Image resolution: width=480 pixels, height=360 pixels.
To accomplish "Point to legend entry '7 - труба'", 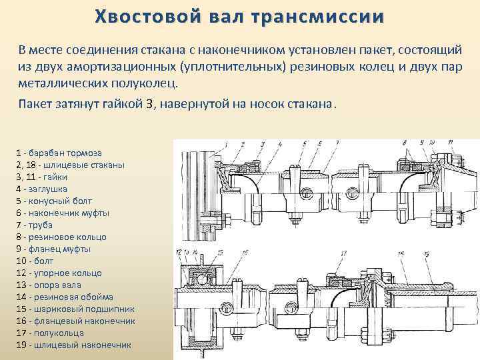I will (x=37, y=225).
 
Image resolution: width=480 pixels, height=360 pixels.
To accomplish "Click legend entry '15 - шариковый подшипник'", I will (x=75, y=309).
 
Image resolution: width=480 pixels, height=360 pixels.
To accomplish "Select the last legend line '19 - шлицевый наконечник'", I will (x=73, y=345).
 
